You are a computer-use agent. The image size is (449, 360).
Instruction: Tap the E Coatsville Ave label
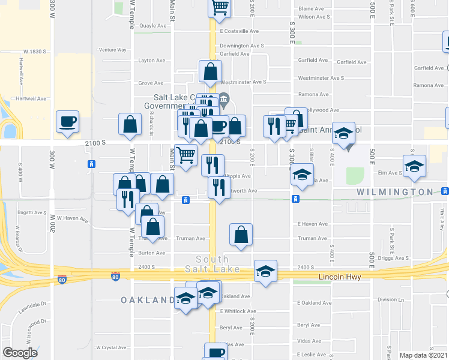coord(239,31)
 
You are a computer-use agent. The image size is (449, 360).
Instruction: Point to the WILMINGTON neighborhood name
coord(395,192)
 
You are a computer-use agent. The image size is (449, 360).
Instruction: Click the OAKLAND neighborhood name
coord(143,299)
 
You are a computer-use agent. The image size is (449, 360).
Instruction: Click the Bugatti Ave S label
coord(31,212)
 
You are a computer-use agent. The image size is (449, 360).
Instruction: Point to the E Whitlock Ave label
coord(238,311)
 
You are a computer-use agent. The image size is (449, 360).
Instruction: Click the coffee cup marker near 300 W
coord(67,121)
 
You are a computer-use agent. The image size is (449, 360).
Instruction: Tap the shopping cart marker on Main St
coord(186,155)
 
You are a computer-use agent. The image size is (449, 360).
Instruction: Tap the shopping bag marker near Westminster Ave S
coord(211,71)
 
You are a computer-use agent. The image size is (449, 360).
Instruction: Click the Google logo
coord(20,353)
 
